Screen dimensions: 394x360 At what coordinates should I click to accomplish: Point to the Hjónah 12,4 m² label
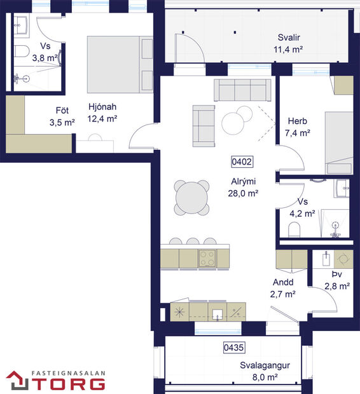coord(102,112)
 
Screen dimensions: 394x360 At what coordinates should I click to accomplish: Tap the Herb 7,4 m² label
coord(298,127)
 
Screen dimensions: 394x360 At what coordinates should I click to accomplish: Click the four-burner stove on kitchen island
coord(207,258)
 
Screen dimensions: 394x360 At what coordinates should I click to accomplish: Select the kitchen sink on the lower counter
coord(218,312)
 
